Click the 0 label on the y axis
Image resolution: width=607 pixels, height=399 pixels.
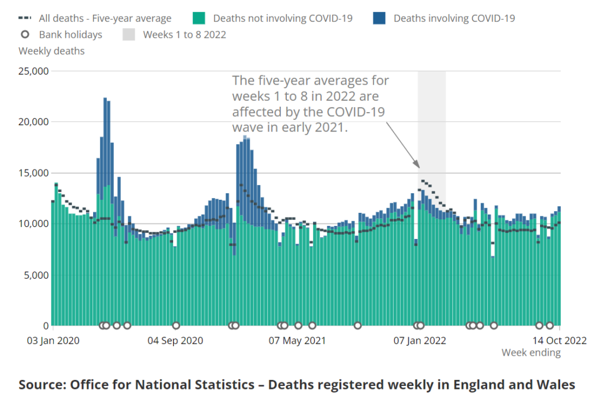coord(44,326)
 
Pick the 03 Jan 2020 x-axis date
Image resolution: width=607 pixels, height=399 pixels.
coord(53,340)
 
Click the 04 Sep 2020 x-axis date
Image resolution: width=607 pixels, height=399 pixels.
coord(175,340)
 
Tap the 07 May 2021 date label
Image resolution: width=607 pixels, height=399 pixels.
coord(297,340)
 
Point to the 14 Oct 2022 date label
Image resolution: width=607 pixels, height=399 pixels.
coord(559,340)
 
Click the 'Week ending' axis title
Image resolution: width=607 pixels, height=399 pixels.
coord(531,353)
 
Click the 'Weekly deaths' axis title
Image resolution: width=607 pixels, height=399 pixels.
coord(52,51)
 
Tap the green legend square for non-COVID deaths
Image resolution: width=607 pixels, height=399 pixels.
coord(199,18)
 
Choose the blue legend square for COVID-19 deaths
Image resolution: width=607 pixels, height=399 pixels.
coord(379,18)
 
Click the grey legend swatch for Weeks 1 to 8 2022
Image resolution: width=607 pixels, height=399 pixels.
coord(129,34)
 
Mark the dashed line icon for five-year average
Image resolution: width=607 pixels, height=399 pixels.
coord(25,18)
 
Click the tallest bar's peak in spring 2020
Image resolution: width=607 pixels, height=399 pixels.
coord(105,98)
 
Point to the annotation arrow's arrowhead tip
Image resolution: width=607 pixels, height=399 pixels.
coord(420,168)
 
